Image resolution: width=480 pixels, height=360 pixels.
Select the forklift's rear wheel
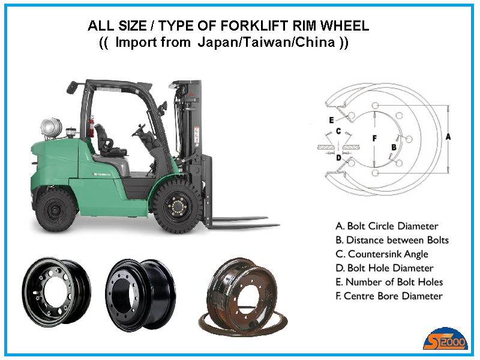click(x=55, y=210)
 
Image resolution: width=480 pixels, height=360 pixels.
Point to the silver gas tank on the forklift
click(x=51, y=127)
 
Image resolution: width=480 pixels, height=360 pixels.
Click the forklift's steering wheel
click(x=139, y=130)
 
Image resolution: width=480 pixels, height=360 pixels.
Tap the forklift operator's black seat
click(x=108, y=141)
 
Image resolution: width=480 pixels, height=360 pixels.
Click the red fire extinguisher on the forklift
click(x=92, y=126)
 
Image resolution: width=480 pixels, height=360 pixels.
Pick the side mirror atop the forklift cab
click(x=72, y=87)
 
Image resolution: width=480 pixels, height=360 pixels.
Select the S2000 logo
click(x=446, y=339)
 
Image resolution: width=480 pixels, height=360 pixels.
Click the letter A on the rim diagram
click(x=448, y=137)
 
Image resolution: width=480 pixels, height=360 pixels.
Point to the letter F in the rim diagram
click(x=374, y=139)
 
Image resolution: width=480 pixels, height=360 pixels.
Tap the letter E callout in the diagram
click(x=331, y=120)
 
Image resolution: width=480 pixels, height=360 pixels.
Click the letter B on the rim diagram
click(x=394, y=147)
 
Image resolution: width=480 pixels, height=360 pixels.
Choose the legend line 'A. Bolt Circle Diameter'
click(x=387, y=226)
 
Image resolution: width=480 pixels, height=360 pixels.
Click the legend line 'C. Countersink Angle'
click(x=382, y=254)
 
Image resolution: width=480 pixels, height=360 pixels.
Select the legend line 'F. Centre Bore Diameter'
click(x=389, y=296)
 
